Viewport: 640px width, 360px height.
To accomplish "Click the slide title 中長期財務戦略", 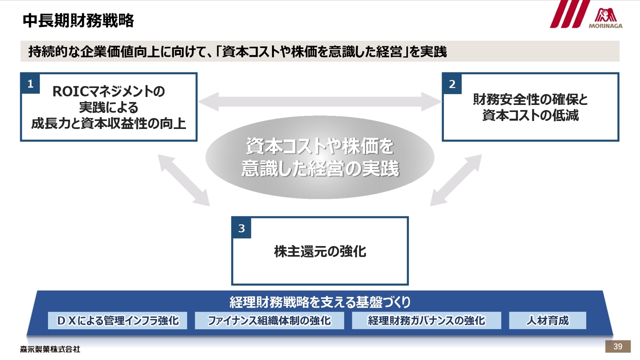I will point(78,20).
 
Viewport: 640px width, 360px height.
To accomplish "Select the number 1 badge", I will point(30,84).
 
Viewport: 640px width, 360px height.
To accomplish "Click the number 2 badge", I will point(452,84).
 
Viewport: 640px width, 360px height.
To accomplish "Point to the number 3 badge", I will point(241,228).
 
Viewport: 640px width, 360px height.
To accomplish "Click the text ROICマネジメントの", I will point(108,92).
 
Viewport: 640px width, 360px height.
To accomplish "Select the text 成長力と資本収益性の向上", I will point(108,123).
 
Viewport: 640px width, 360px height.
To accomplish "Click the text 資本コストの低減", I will point(530,115).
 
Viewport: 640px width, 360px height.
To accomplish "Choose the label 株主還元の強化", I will point(320,251).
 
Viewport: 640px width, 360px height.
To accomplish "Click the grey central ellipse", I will point(320,158).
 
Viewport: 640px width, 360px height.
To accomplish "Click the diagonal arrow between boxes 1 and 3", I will point(183,179).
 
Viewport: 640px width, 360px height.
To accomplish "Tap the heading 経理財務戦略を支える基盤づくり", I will point(320,302).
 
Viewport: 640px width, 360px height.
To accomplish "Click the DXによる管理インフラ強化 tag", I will point(117,320).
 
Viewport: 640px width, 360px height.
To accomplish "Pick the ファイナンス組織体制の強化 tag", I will point(269,320).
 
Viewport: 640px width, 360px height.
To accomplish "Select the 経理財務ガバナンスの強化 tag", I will point(426,320).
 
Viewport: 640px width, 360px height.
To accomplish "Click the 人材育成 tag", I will point(547,320).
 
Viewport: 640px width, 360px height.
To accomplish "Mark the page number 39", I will point(617,347).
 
